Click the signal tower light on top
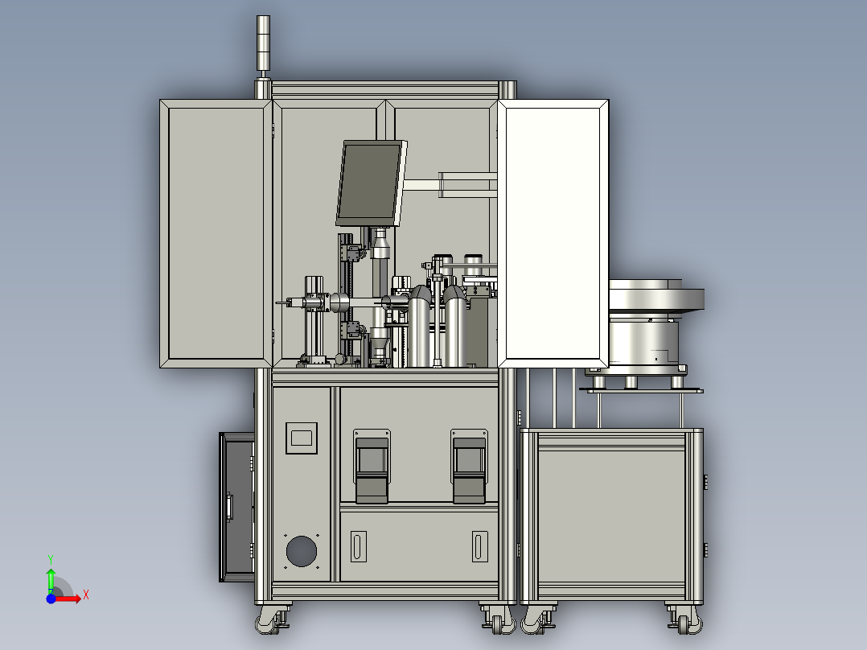pyautogui.click(x=263, y=43)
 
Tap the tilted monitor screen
pyautogui.click(x=370, y=183)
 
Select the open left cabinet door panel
pyautogui.click(x=216, y=233)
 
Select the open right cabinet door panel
pyautogui.click(x=553, y=233)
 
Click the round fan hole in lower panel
pyautogui.click(x=302, y=551)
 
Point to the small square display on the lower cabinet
pyautogui.click(x=302, y=438)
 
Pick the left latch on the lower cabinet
pyautogui.click(x=372, y=467)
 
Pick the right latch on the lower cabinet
pyautogui.click(x=469, y=467)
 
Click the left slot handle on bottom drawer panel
pyautogui.click(x=359, y=546)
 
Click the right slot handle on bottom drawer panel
pyautogui.click(x=479, y=546)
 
